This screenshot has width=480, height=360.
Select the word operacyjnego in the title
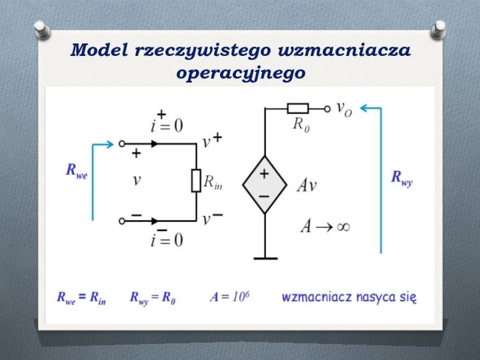tap(241, 74)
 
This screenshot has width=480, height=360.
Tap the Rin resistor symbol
tap(196, 180)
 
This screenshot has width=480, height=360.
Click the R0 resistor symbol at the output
tap(298, 109)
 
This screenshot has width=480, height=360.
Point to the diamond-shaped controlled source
tap(264, 185)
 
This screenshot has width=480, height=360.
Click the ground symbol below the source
tap(265, 258)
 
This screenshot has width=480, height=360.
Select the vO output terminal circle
tap(327, 109)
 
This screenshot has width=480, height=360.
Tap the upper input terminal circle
tap(122, 144)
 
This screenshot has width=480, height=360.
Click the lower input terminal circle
tap(122, 221)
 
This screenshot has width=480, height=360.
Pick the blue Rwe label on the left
tap(76, 172)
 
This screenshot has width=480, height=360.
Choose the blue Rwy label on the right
tap(402, 178)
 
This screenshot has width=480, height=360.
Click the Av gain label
tap(307, 185)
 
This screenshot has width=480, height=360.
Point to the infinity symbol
tap(343, 226)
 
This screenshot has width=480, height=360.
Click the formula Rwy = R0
tap(152, 298)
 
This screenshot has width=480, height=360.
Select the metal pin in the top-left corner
tap(41, 29)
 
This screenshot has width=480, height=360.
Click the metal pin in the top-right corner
tap(439, 29)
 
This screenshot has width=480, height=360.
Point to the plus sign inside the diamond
tap(264, 174)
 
